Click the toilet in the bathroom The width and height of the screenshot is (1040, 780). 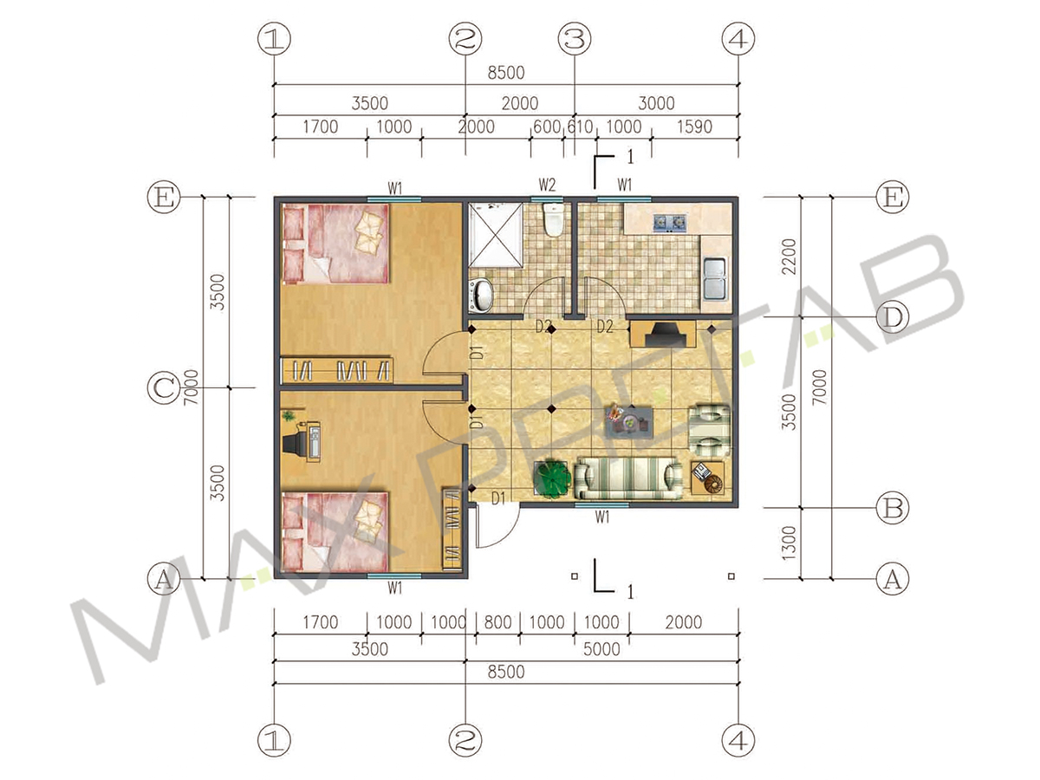552,220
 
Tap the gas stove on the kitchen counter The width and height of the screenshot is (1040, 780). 669,222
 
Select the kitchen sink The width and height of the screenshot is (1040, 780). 714,279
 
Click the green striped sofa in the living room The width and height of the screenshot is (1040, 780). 628,478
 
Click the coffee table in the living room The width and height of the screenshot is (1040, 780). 630,421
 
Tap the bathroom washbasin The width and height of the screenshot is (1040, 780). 482,296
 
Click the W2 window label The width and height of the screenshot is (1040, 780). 547,185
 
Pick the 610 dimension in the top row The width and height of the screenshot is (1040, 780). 580,127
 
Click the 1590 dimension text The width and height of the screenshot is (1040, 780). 694,127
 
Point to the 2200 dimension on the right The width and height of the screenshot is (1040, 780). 789,257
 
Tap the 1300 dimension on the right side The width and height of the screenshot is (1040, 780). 788,543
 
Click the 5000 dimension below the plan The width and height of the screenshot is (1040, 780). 601,649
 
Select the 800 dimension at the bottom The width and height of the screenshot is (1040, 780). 497,621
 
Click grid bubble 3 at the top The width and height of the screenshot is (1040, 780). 575,39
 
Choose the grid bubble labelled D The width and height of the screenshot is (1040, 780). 892,317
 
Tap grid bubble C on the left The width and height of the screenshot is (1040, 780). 164,388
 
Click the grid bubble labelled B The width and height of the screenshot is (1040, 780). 892,508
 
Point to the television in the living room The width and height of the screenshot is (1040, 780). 663,334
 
